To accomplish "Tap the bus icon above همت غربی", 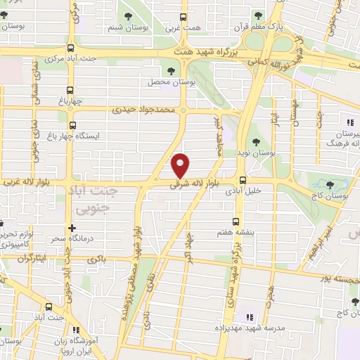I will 184,17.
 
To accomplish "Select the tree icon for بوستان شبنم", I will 129,15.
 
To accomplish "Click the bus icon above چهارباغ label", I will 70,90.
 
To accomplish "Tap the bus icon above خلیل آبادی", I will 243,180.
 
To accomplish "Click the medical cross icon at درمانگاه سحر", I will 72,228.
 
